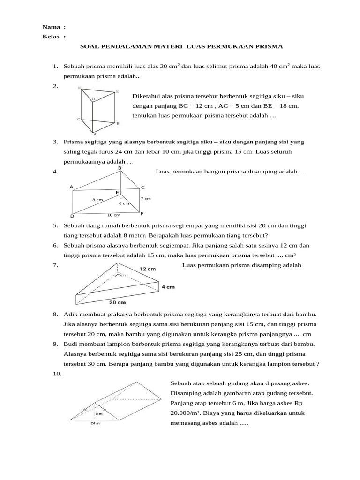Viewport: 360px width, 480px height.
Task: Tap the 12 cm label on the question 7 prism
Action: (x=148, y=269)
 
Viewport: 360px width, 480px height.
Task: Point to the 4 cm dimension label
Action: (x=169, y=287)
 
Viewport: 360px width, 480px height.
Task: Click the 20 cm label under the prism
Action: (x=118, y=302)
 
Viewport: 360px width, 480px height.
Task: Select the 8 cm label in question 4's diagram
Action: (x=97, y=200)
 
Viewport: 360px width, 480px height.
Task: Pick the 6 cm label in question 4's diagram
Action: (x=124, y=203)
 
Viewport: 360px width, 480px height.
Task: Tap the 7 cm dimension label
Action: (x=145, y=199)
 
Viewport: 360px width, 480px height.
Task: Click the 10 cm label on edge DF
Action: (x=113, y=215)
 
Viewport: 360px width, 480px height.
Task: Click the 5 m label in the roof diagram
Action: (x=99, y=414)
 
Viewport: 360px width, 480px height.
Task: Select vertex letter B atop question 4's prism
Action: (x=120, y=168)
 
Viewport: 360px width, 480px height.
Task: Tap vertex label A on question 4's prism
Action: (x=72, y=187)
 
